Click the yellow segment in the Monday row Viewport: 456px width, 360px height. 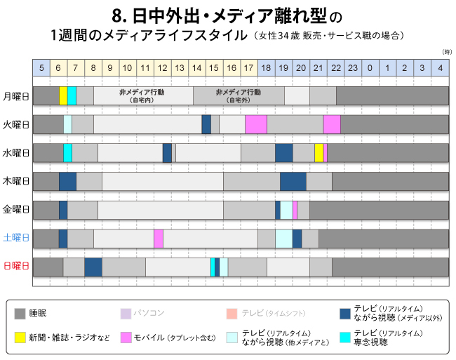point(63,95)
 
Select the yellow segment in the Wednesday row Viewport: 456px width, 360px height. point(319,152)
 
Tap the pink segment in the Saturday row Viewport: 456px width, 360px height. point(159,239)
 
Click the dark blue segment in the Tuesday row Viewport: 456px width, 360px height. point(206,124)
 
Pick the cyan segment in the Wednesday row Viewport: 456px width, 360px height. point(67,152)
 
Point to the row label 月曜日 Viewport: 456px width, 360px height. point(16,96)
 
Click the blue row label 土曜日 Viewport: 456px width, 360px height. point(16,239)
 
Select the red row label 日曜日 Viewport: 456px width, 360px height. point(16,267)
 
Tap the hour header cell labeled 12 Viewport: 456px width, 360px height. point(162,67)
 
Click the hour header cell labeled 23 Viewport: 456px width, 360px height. point(353,67)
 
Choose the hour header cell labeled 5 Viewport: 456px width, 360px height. point(41,67)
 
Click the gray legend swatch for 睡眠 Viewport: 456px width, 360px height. point(20,314)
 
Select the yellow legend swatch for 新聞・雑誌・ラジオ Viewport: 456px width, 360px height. point(20,338)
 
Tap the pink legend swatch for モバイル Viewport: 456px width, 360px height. point(127,338)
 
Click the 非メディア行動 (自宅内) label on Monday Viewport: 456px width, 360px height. point(143,96)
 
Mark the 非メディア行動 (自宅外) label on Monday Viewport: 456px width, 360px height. point(239,96)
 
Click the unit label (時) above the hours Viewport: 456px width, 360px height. point(447,53)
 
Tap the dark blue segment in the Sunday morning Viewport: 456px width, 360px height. point(93,267)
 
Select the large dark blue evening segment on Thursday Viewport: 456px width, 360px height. point(293,181)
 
